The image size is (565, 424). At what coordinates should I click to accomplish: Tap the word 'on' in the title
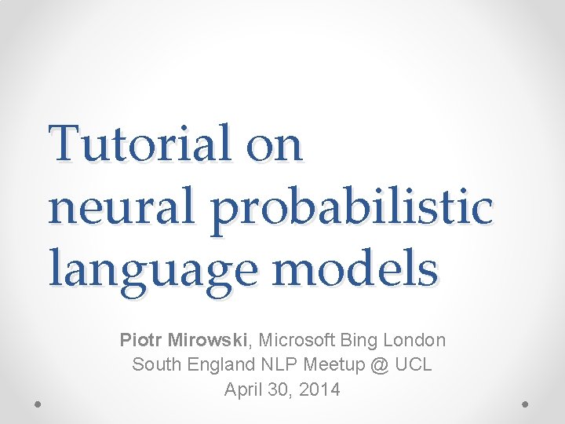pyautogui.click(x=273, y=147)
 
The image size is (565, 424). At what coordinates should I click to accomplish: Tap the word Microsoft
pyautogui.click(x=298, y=340)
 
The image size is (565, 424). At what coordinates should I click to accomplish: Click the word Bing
pyautogui.click(x=360, y=341)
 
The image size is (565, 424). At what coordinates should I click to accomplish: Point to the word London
pyautogui.click(x=415, y=340)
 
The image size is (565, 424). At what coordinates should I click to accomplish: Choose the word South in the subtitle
pyautogui.click(x=155, y=364)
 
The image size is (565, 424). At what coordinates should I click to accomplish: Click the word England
pyautogui.click(x=213, y=365)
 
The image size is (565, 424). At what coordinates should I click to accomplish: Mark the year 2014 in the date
pyautogui.click(x=320, y=389)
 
